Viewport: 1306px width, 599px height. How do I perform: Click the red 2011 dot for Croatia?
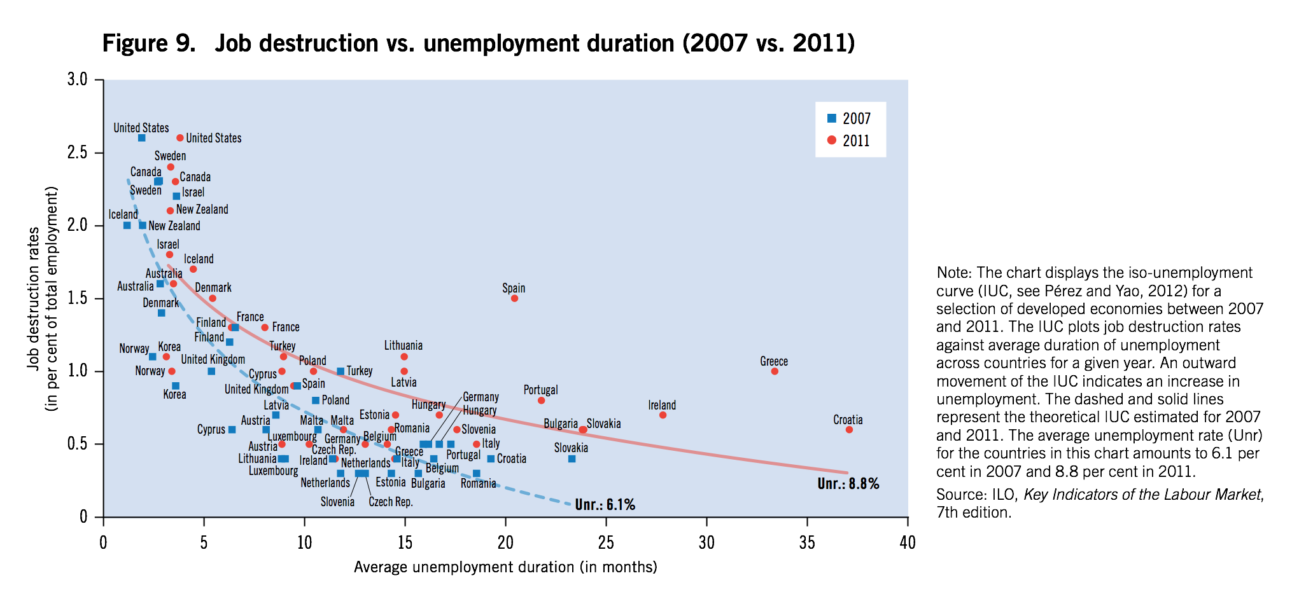coord(849,430)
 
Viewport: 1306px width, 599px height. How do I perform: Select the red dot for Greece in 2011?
coord(775,371)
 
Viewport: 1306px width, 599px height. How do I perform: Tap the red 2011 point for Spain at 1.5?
coord(514,298)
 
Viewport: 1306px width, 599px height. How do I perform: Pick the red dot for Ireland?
coord(663,415)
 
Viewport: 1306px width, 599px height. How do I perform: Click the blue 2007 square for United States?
coord(141,138)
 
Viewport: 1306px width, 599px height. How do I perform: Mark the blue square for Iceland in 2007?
coord(127,226)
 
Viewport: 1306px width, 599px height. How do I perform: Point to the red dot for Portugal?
coord(541,401)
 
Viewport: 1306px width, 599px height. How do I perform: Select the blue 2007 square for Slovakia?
coord(572,459)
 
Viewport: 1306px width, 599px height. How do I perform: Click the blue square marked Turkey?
coord(341,371)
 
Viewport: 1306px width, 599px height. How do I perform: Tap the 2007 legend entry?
coord(849,119)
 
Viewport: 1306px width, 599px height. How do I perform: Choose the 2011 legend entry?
coord(849,141)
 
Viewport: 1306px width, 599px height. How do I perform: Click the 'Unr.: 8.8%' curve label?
coord(848,484)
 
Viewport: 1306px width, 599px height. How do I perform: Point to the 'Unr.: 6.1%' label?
coord(605,505)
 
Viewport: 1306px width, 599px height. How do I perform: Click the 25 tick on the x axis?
coord(606,542)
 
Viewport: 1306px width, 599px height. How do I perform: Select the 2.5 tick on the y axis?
coord(77,153)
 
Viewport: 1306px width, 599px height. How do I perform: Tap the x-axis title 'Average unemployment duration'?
coord(505,567)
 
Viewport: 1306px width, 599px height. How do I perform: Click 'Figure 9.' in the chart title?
coord(149,43)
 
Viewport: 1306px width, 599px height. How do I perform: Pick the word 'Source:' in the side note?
coord(958,495)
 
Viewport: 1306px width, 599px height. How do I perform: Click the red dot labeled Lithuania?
coord(404,357)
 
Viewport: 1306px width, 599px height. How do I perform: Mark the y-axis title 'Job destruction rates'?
coord(34,299)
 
